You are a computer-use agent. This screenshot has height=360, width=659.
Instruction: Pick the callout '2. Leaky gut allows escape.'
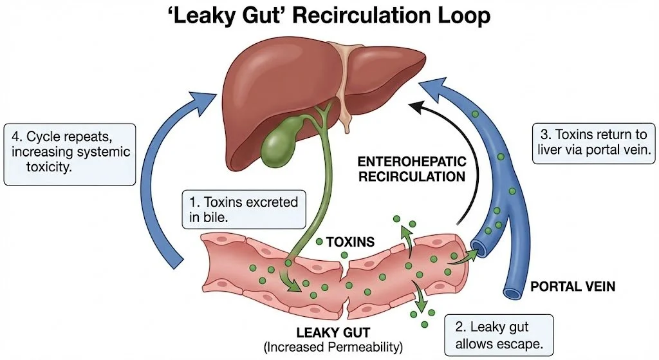tap(498, 334)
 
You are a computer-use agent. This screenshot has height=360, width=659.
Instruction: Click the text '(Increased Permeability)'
tap(333, 347)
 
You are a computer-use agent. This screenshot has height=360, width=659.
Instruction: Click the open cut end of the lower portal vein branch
tap(514, 293)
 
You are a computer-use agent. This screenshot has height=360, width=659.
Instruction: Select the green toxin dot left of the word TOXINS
tap(320, 243)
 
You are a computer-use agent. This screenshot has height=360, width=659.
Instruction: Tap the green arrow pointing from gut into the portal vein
tap(467, 258)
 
